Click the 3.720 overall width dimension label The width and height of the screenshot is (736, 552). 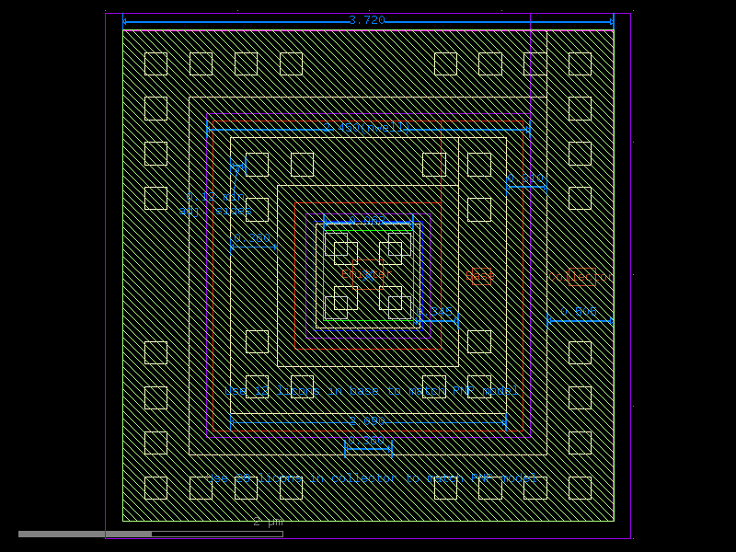tap(366, 20)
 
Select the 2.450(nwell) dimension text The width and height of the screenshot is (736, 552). tap(366, 128)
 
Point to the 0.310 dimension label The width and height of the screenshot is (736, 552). tap(525, 178)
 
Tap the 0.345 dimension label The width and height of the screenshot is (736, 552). tap(438, 313)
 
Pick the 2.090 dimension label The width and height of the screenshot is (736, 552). tap(366, 421)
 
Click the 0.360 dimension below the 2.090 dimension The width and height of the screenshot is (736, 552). tap(367, 441)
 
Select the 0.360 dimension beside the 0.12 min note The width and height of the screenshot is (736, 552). tap(252, 239)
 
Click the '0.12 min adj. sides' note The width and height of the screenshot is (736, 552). tap(216, 203)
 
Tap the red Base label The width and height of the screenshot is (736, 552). tap(480, 276)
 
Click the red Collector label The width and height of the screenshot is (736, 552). tap(581, 277)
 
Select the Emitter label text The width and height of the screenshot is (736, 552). tap(366, 274)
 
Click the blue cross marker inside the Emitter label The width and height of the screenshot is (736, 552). tap(368, 275)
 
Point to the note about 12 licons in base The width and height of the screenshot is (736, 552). tap(372, 391)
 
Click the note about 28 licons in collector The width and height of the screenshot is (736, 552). tap(372, 478)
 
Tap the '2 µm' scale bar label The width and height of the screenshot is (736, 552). tap(269, 523)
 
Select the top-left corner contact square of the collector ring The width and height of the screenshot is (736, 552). tap(155, 63)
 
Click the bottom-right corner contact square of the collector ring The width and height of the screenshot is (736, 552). tap(580, 488)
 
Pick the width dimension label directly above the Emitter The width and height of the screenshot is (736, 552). tap(367, 222)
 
